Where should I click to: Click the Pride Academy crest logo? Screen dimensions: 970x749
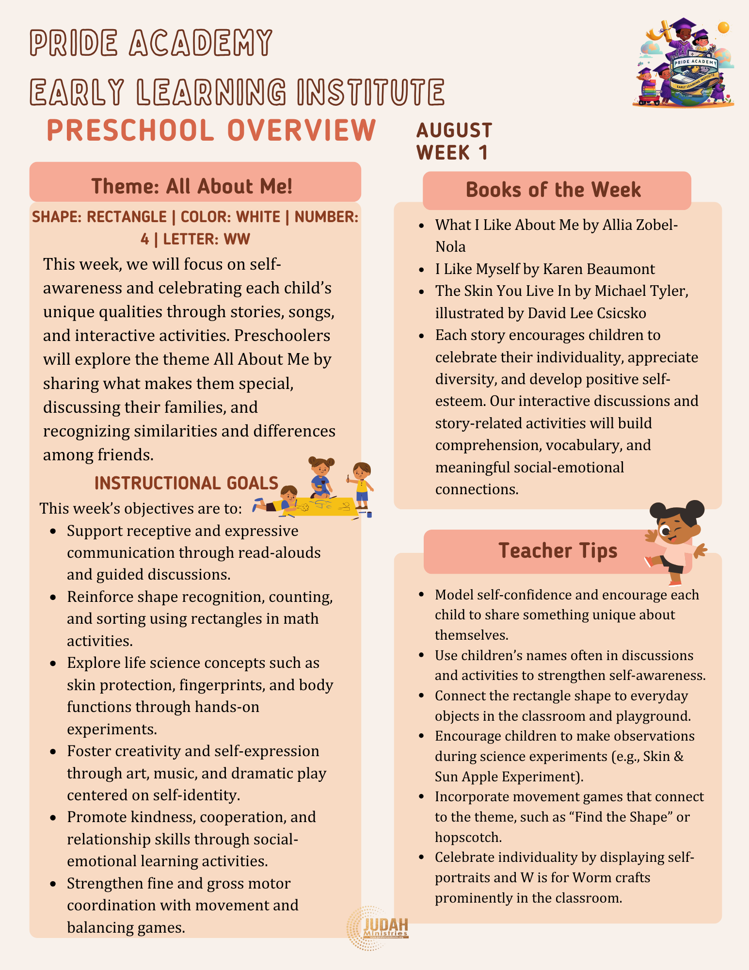684,63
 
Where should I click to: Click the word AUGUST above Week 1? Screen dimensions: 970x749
454,130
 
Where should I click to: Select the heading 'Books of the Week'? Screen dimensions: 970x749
553,190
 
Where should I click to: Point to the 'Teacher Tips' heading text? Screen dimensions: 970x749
558,551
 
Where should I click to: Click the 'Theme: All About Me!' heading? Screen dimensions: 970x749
192,186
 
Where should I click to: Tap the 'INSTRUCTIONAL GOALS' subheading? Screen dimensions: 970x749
186,483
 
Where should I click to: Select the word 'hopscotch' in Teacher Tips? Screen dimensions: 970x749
468,837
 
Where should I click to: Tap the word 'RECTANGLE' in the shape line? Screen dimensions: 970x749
127,217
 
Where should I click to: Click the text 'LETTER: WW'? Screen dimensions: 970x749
207,239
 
